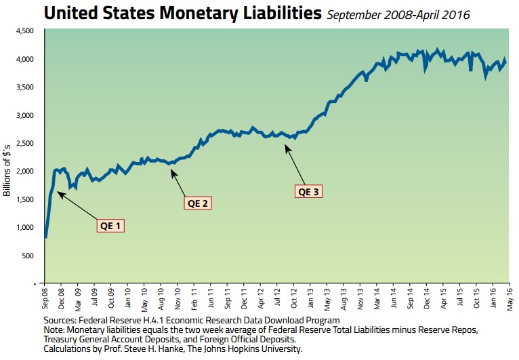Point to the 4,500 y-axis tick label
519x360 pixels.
point(24,31)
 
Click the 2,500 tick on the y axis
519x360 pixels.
point(24,144)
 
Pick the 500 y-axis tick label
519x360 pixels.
point(28,256)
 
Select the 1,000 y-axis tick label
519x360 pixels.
point(24,227)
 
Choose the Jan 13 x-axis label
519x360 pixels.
point(310,298)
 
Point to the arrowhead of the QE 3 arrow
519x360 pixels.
point(286,144)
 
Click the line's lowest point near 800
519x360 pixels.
point(45,237)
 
